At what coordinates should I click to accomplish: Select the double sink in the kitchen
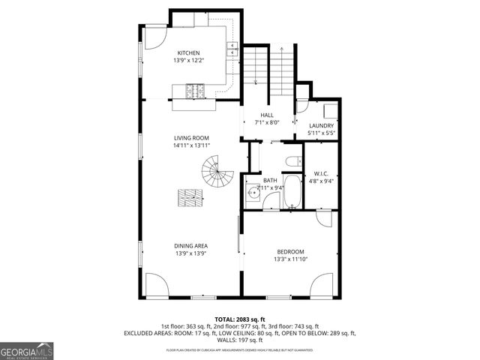pos(232,49)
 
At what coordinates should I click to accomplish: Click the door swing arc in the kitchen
pos(155,38)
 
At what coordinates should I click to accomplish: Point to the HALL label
pos(266,115)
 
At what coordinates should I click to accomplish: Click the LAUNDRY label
pos(320,125)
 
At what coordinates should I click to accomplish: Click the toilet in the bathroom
pos(293,160)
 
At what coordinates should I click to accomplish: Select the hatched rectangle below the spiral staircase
pos(191,198)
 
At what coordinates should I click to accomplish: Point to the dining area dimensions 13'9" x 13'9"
pos(191,253)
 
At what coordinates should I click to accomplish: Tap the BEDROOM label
pos(290,251)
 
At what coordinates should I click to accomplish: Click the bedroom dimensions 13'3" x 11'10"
pos(290,259)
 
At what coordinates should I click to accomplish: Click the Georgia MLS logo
pos(26,350)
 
